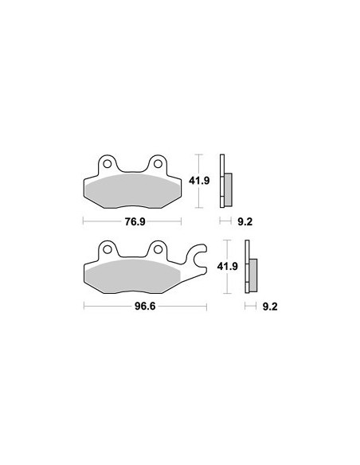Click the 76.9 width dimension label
click(x=135, y=221)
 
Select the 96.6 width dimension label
click(x=145, y=306)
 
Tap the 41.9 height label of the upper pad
click(x=199, y=180)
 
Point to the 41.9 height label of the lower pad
click(x=228, y=266)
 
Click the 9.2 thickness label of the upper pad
click(x=245, y=221)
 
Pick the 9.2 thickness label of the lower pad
click(x=270, y=307)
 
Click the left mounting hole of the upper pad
click(x=107, y=164)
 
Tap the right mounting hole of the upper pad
click(x=158, y=164)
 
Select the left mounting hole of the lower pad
click(x=107, y=249)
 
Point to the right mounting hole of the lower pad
click(x=158, y=249)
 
